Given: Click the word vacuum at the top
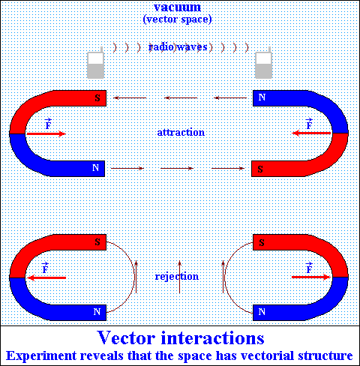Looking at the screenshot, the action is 177,7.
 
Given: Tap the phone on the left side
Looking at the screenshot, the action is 96,63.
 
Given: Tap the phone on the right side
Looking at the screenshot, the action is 263,63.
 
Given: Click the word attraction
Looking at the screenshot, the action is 181,132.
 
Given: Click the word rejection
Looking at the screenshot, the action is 177,276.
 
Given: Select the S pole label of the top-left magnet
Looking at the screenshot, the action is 97,97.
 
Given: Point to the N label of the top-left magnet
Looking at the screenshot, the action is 95,168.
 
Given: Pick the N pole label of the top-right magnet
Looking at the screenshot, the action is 262,97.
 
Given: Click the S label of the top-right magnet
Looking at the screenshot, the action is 260,169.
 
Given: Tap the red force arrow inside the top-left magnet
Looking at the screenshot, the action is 46,133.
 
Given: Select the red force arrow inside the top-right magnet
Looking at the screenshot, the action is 311,133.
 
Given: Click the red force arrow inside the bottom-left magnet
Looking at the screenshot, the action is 46,277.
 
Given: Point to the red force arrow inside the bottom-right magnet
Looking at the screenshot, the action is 311,277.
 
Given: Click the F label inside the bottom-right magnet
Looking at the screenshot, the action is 309,268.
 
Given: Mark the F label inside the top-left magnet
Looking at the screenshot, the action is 48,124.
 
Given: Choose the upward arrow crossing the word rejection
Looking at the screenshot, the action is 179,277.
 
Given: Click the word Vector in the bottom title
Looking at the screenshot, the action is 127,337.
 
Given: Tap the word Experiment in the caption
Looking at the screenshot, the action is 41,356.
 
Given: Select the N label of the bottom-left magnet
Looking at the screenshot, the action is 97,312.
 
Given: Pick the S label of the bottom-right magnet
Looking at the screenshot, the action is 262,242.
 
